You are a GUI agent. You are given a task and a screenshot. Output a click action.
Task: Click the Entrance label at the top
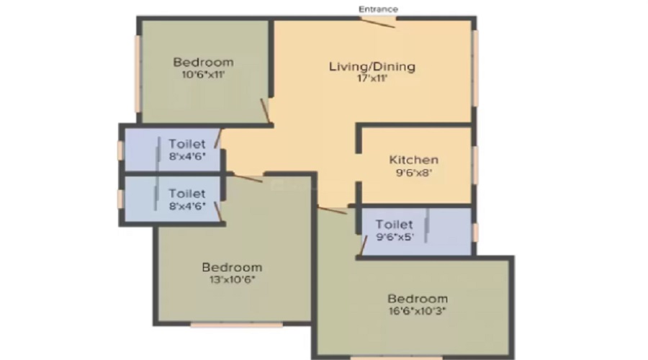378,9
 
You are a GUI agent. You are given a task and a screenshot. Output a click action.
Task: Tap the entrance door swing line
379,23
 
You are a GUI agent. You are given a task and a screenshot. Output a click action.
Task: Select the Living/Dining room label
372,66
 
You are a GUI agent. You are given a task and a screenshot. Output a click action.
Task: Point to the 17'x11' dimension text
372,78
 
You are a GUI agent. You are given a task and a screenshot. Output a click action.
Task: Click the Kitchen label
414,160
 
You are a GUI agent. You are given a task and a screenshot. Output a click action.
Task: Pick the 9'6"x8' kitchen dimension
414,172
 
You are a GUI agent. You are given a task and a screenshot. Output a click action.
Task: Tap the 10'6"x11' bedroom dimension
203,75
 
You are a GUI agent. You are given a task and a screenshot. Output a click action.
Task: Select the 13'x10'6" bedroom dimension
233,279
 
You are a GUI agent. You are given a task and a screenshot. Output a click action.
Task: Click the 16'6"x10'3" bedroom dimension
418,311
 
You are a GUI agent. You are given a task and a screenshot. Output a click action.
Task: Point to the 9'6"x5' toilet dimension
395,238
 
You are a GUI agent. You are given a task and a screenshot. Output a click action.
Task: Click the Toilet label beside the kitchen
394,225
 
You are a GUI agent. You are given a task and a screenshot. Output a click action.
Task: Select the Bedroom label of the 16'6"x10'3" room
418,298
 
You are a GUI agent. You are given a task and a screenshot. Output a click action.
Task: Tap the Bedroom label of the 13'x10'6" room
232,267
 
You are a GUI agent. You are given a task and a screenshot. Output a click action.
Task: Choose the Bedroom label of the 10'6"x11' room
203,62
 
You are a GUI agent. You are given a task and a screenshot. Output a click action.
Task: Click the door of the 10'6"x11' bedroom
265,111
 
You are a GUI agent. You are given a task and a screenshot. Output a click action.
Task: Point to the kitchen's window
476,165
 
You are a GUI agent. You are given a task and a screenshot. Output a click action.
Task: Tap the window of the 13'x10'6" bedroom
236,325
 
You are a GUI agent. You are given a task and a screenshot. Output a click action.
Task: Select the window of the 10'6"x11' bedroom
138,74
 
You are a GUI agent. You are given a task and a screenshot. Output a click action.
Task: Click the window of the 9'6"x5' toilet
476,233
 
